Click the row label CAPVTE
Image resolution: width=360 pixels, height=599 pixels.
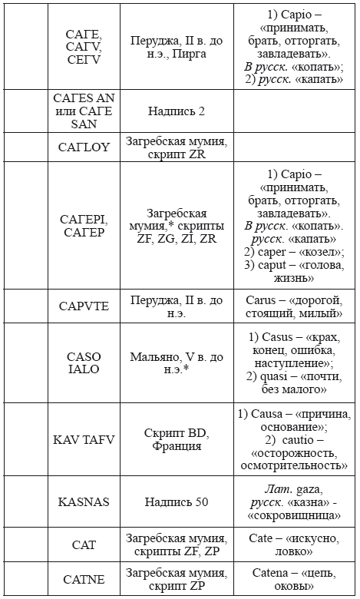84,306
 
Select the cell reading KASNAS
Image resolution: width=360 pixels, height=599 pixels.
84,502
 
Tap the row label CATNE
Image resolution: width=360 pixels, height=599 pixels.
84,580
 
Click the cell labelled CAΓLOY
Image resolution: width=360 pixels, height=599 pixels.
84,147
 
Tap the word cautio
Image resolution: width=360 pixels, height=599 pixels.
292,440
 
